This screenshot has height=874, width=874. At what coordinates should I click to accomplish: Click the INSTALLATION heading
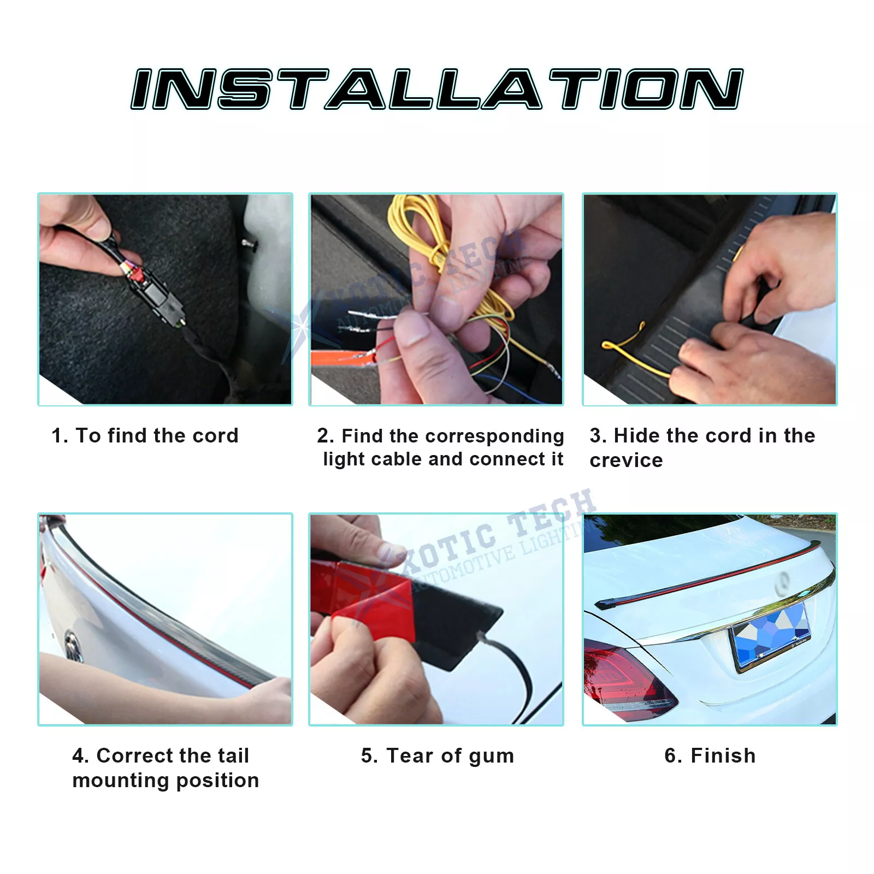click(437, 89)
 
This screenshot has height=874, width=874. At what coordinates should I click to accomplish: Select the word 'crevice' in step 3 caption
click(626, 460)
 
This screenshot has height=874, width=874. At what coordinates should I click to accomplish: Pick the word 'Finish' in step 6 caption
click(723, 755)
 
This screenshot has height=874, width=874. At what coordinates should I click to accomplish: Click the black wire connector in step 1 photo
click(158, 295)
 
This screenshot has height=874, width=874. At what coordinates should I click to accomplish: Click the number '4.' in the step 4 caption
click(80, 755)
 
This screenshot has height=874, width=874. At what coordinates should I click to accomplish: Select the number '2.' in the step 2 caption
click(325, 436)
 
